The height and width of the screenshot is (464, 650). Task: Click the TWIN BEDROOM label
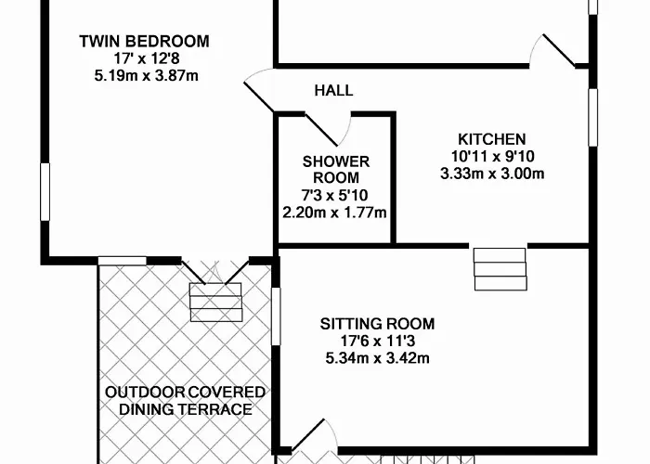(x=144, y=42)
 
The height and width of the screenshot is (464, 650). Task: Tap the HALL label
(x=333, y=90)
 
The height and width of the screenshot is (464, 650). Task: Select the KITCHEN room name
(x=492, y=139)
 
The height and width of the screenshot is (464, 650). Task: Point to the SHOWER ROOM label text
(x=336, y=170)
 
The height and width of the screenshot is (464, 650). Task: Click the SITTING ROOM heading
(x=377, y=324)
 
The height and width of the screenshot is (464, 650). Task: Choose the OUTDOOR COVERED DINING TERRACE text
(x=186, y=401)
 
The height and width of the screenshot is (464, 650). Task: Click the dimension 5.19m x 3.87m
(x=147, y=76)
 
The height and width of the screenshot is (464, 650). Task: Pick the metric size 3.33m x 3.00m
(x=492, y=174)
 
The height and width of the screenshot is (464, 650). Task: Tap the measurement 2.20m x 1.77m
(x=334, y=213)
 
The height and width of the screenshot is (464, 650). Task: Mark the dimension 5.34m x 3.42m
(x=377, y=358)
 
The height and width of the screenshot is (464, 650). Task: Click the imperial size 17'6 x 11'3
(x=377, y=341)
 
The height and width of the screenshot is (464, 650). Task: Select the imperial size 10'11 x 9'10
(x=492, y=156)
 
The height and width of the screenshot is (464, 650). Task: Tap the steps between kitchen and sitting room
(x=500, y=269)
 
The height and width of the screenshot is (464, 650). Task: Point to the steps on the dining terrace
(x=216, y=302)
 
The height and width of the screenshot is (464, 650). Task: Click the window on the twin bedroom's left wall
(x=45, y=192)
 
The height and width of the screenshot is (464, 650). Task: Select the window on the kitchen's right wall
(x=593, y=117)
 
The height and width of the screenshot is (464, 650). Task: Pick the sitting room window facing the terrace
(x=276, y=316)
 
